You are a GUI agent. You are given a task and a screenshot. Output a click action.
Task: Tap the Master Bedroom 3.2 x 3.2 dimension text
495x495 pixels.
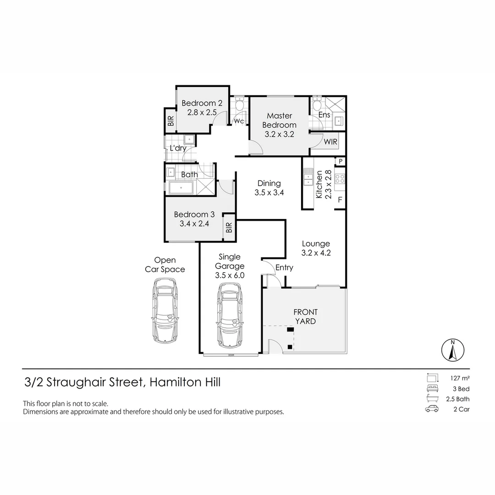[x=279, y=134]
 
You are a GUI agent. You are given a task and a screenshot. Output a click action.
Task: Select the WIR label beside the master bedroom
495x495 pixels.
[x=330, y=142]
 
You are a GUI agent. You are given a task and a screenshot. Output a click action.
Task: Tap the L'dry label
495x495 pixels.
[x=177, y=148]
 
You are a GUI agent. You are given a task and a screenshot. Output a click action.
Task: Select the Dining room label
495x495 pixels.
[x=269, y=183]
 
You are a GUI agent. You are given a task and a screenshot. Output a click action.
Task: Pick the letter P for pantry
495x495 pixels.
[x=341, y=161]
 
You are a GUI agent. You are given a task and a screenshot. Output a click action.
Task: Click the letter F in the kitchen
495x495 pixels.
[x=340, y=199]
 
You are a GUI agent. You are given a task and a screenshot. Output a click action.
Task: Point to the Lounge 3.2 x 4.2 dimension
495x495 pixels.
[x=316, y=253]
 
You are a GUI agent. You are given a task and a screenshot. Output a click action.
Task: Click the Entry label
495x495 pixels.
[x=284, y=268]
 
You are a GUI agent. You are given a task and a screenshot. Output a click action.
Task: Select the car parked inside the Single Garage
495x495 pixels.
[x=230, y=314]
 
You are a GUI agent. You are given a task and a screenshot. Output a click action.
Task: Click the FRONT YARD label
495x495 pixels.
[x=305, y=317]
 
